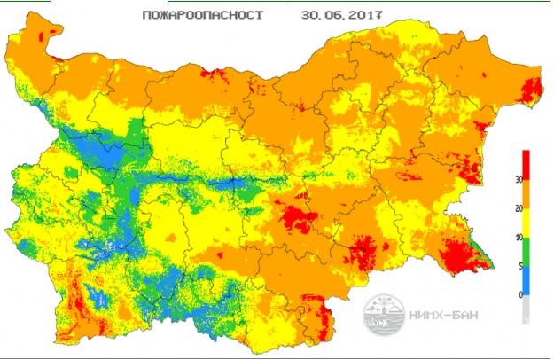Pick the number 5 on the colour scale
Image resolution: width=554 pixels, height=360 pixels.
pyautogui.click(x=517, y=266)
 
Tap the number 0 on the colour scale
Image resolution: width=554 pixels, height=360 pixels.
pyautogui.click(x=517, y=294)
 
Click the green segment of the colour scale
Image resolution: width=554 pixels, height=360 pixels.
pyautogui.click(x=527, y=252)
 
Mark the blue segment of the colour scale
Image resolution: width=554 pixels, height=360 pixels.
pyautogui.click(x=527, y=280)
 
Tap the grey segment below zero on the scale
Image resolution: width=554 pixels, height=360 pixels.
pyautogui.click(x=527, y=308)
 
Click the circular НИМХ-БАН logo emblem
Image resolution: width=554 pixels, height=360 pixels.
pyautogui.click(x=383, y=313)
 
